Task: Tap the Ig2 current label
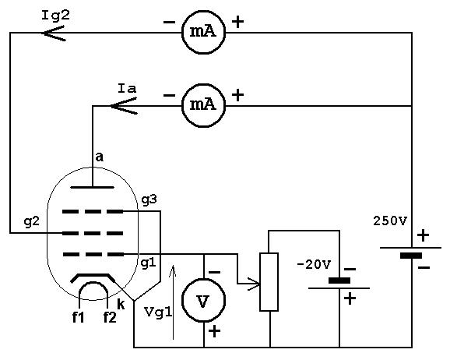coord(56,16)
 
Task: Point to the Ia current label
coord(127,88)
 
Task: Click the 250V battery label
coord(390,221)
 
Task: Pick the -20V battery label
coord(314,265)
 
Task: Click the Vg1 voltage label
coord(158,312)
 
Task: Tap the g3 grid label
coord(149,200)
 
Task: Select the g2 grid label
coord(31,222)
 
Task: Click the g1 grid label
coord(149,263)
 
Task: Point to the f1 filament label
coord(78,317)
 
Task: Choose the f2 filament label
coord(110,317)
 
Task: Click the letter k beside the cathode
coord(121,304)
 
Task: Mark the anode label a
coord(100,157)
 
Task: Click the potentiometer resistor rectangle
coord(269,282)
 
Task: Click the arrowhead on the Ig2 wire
coord(52,33)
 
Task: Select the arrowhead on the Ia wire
coord(124,106)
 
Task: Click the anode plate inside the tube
coord(92,187)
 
